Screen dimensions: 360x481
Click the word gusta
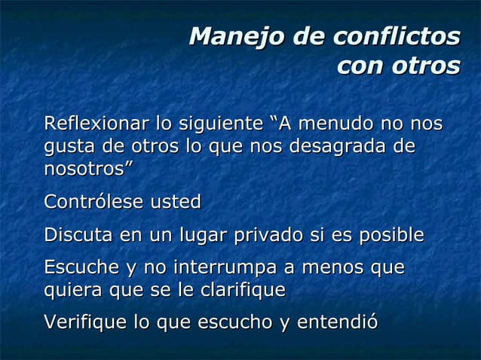[x=66, y=145]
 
